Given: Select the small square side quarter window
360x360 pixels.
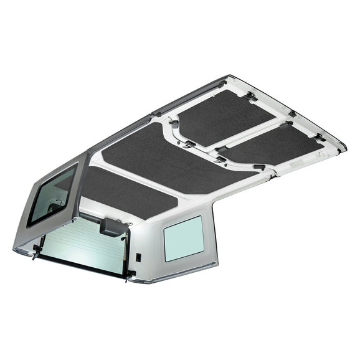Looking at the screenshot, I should (182, 239).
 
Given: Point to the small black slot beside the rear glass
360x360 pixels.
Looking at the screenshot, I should (138, 255).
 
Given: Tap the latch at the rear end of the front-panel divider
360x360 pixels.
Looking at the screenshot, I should (219, 159).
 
